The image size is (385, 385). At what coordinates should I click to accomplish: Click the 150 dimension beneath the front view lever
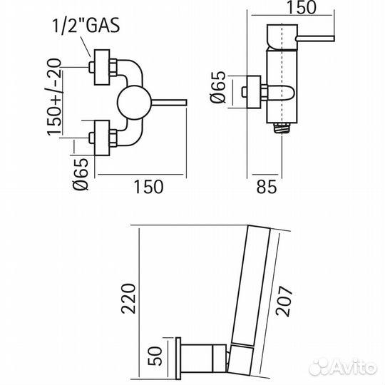tap(148, 187)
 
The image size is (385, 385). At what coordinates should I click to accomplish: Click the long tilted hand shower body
tap(256, 285)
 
